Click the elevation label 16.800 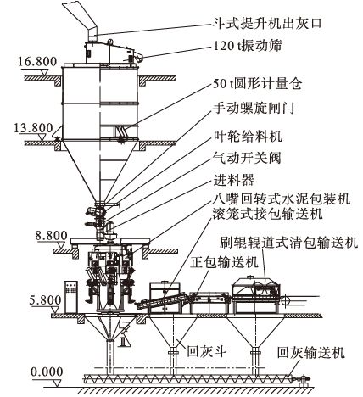[x=37, y=62]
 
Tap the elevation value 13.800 [x=33, y=128]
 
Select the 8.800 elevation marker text [x=51, y=236]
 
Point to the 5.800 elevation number [x=45, y=300]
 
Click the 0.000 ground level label [x=47, y=372]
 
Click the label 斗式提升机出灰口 [x=267, y=23]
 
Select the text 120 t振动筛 [x=248, y=46]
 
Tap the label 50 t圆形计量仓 [x=257, y=83]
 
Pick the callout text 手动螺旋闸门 [x=254, y=108]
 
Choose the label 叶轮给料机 [x=248, y=136]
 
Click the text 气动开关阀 [x=247, y=158]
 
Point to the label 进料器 [x=234, y=180]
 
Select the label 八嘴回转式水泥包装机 [x=282, y=198]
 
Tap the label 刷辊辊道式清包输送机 [x=288, y=243]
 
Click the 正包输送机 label [x=224, y=262]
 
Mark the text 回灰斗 [x=207, y=352]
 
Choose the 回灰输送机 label [x=311, y=353]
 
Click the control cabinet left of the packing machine [x=71, y=297]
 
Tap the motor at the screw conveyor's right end [x=303, y=379]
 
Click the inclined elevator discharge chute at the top [x=81, y=20]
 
